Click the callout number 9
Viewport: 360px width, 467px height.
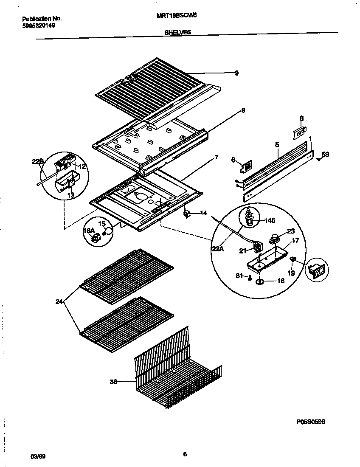click(237, 73)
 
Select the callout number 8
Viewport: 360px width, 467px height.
click(243, 110)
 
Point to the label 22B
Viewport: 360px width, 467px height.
click(37, 161)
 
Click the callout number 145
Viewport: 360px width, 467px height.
click(270, 220)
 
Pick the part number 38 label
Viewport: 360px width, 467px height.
click(113, 382)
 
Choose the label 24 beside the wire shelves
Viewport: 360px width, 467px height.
click(59, 302)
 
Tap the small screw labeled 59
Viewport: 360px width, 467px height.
click(318, 159)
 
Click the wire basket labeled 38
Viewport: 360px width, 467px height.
click(178, 374)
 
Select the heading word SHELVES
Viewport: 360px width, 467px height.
click(177, 32)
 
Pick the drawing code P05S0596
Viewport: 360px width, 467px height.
click(310, 422)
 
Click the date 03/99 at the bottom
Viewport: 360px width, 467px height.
click(38, 456)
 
